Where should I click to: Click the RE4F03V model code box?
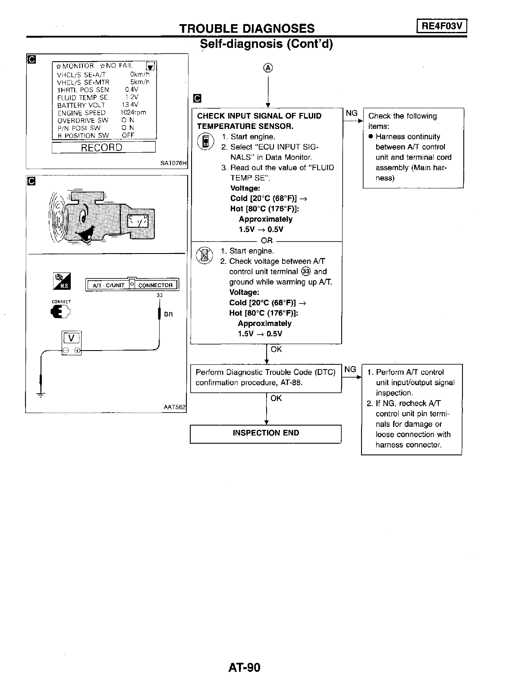pos(442,26)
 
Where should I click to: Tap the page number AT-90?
pos(245,667)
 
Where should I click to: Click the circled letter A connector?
pos(268,68)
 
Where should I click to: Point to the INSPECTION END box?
pos(266,433)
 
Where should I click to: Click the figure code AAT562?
pos(175,407)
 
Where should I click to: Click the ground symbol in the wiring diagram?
pos(41,394)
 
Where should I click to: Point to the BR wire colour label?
pos(168,314)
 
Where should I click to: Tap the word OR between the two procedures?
pos(267,241)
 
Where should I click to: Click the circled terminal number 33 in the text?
pos(306,272)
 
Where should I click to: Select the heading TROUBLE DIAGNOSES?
pos(247,28)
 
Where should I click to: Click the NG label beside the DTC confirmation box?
pos(350,370)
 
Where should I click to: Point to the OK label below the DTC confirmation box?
pos(276,398)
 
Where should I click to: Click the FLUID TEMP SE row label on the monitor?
pos(82,97)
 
